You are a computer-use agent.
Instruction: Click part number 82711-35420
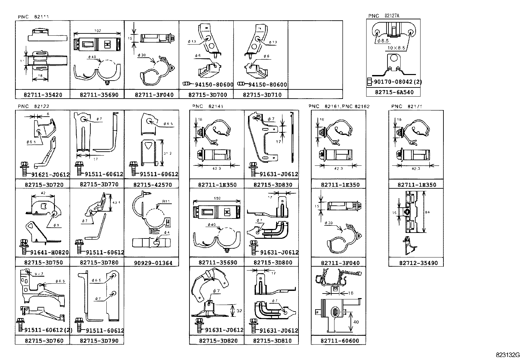[43, 95]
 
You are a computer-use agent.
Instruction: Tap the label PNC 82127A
[384, 16]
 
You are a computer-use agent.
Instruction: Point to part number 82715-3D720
[44, 184]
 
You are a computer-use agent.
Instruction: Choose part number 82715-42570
[152, 184]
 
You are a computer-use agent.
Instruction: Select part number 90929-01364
[153, 263]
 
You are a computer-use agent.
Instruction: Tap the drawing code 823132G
[508, 355]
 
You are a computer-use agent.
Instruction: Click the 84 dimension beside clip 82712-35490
[427, 212]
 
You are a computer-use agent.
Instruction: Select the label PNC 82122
[33, 106]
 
